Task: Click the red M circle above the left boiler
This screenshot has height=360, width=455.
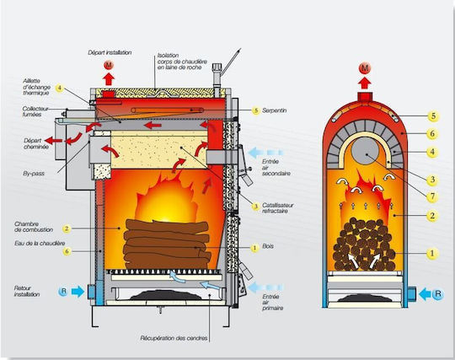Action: coord(109,66)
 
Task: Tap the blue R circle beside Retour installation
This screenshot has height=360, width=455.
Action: coord(63,291)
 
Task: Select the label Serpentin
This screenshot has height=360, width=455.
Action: coord(274,110)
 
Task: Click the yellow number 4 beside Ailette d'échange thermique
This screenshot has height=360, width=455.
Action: coord(59,89)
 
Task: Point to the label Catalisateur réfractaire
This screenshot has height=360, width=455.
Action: coord(278,208)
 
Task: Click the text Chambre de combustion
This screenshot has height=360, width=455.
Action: coord(34,227)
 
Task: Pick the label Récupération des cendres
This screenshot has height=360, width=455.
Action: coord(174,338)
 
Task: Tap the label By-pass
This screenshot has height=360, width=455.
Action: coord(34,174)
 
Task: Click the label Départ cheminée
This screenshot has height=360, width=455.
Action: coord(36,143)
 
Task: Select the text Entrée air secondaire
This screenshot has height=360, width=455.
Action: coord(276,168)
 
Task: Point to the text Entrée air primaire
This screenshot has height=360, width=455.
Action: coord(272,302)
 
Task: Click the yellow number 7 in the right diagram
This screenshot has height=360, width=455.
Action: coord(432,196)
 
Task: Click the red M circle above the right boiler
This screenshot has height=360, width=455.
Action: coord(365,68)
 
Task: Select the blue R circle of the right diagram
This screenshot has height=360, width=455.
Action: coord(437,294)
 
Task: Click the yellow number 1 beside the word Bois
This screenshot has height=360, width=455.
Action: coord(254,248)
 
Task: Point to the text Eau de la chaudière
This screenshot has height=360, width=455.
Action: coord(40,244)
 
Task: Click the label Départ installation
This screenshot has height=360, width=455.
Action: coord(110,52)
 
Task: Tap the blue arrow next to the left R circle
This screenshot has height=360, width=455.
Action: coord(78,291)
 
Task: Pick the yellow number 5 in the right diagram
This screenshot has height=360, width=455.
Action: coord(433,116)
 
